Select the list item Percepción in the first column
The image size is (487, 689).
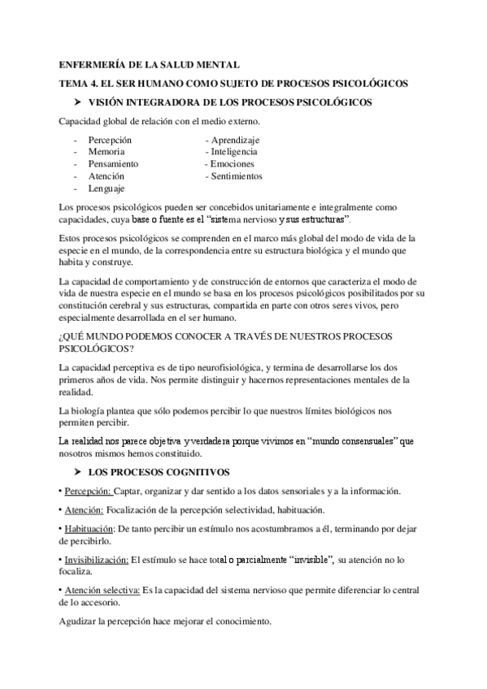click(x=111, y=140)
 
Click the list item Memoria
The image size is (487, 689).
click(x=107, y=152)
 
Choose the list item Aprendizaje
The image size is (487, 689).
click(x=234, y=140)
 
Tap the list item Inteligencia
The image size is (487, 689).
click(x=234, y=152)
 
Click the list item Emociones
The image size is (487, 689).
click(x=232, y=164)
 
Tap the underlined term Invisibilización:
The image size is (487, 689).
click(x=95, y=560)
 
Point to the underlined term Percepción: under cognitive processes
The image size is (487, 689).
click(x=87, y=492)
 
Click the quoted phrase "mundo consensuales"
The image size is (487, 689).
click(x=355, y=440)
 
